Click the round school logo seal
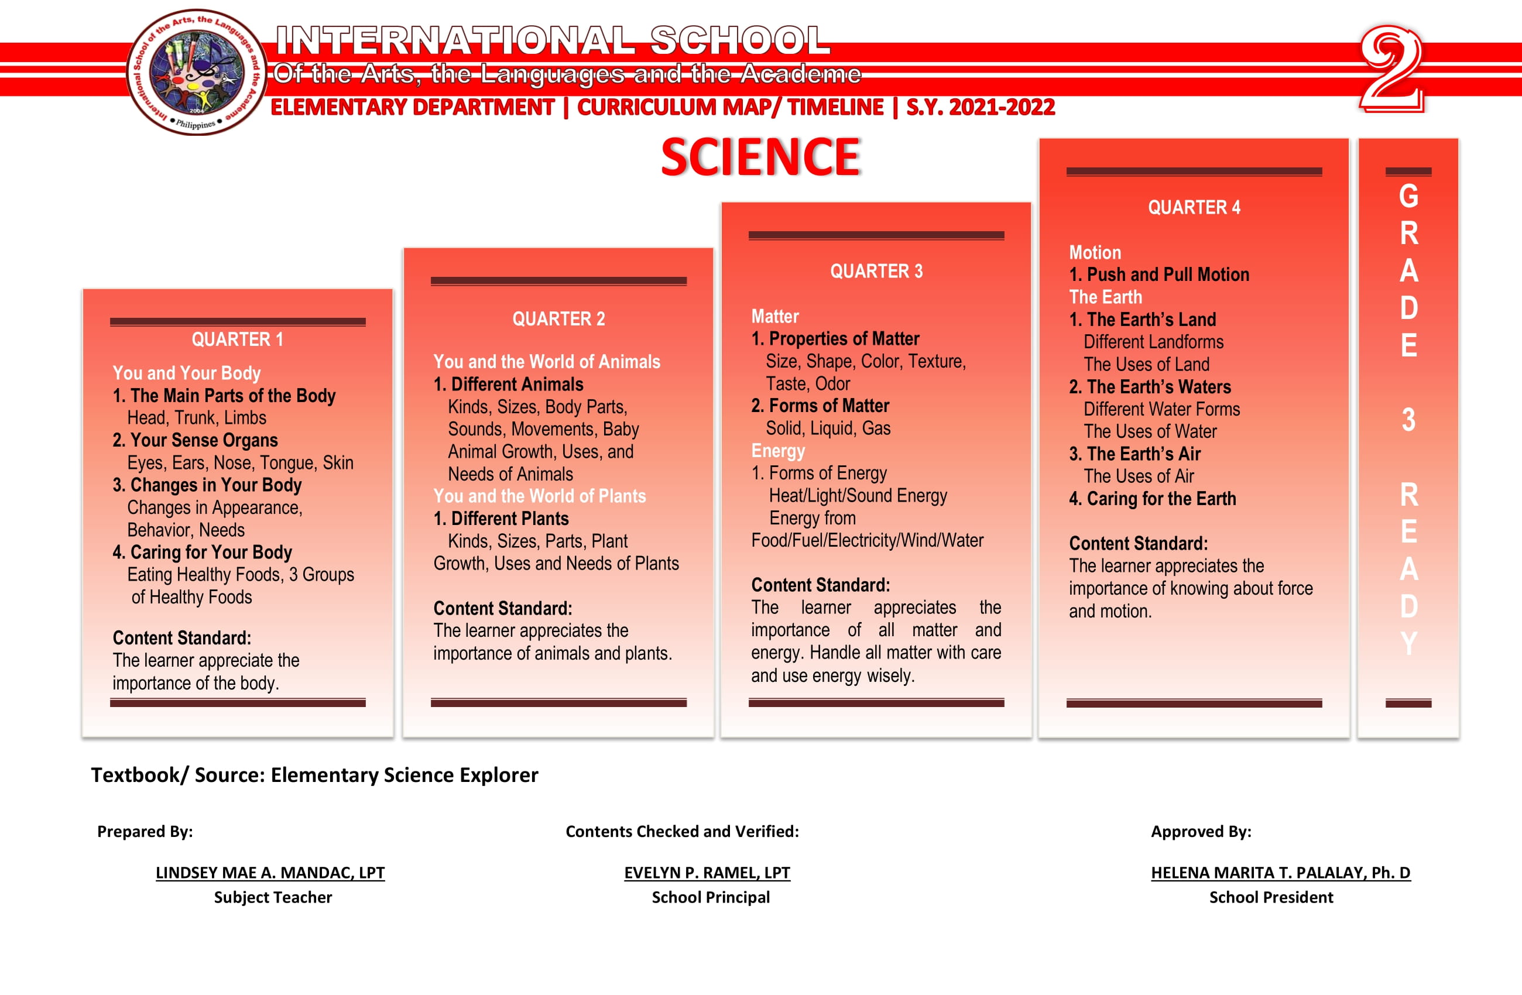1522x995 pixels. point(196,72)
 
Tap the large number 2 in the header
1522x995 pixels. point(1390,69)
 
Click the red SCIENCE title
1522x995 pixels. point(760,157)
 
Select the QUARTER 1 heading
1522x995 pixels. point(237,339)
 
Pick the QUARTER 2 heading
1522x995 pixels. point(558,319)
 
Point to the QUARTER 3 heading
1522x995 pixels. point(876,272)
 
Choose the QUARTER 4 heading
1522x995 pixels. point(1194,208)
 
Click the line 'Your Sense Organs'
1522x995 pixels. point(203,441)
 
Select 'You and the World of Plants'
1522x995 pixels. point(539,496)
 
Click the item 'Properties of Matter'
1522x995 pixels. point(844,339)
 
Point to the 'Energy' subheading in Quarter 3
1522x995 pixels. point(777,451)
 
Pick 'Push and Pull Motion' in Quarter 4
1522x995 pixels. point(1167,275)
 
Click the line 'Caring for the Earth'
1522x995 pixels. point(1161,499)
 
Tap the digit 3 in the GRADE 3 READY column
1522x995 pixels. point(1408,421)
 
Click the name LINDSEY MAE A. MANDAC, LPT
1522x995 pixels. point(270,873)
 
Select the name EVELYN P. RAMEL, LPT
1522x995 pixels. point(707,873)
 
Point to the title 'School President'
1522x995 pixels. point(1271,898)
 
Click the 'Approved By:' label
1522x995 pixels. point(1201,831)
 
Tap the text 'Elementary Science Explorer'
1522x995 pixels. point(404,775)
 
